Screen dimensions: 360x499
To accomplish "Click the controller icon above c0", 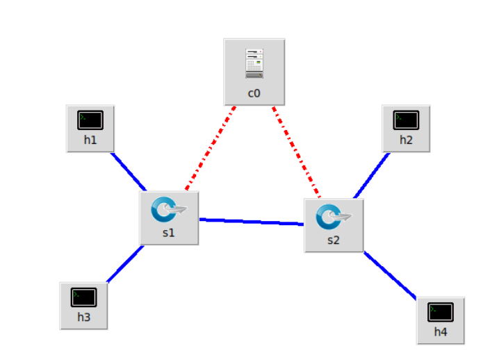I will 254,63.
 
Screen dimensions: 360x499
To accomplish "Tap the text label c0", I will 254,92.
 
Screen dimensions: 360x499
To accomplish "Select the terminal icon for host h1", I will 90,120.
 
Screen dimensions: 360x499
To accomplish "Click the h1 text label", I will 90,140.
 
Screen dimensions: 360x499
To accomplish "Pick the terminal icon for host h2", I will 406,120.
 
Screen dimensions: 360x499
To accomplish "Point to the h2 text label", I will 406,140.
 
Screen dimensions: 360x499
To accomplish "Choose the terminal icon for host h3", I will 83,297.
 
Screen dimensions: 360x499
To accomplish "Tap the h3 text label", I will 83,318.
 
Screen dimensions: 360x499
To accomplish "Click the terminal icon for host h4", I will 441,311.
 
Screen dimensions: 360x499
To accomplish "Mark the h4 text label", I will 441,332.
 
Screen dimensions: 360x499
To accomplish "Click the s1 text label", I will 169,233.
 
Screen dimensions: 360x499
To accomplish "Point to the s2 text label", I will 334,240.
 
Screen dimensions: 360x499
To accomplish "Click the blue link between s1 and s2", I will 252,222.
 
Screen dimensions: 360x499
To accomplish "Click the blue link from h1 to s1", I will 129,171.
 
